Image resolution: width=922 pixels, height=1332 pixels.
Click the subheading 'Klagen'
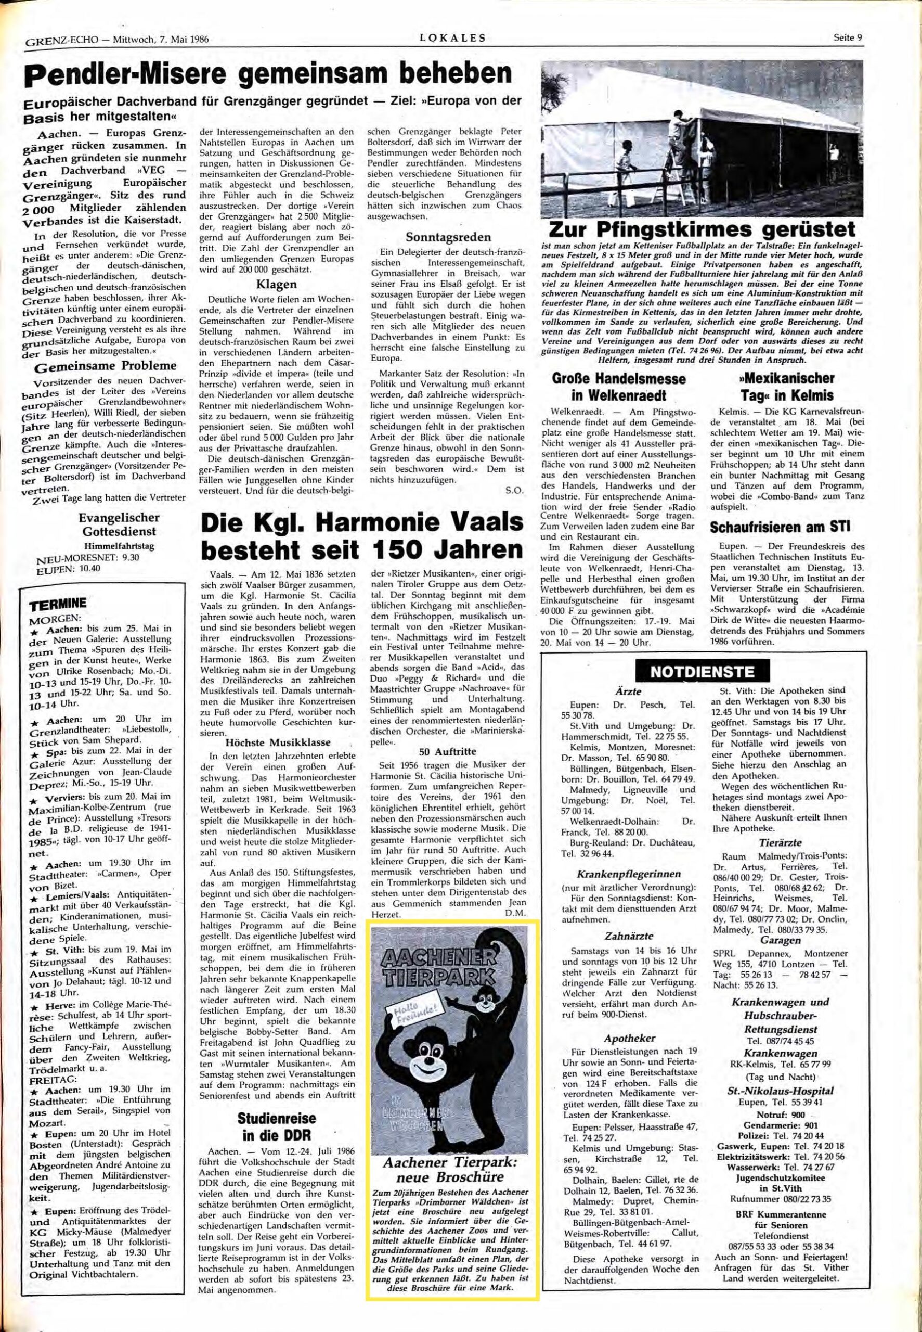click(x=277, y=284)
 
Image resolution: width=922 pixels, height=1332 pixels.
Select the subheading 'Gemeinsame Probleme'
click(x=105, y=366)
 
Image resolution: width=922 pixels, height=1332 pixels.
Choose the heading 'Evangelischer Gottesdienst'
click(x=119, y=524)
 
